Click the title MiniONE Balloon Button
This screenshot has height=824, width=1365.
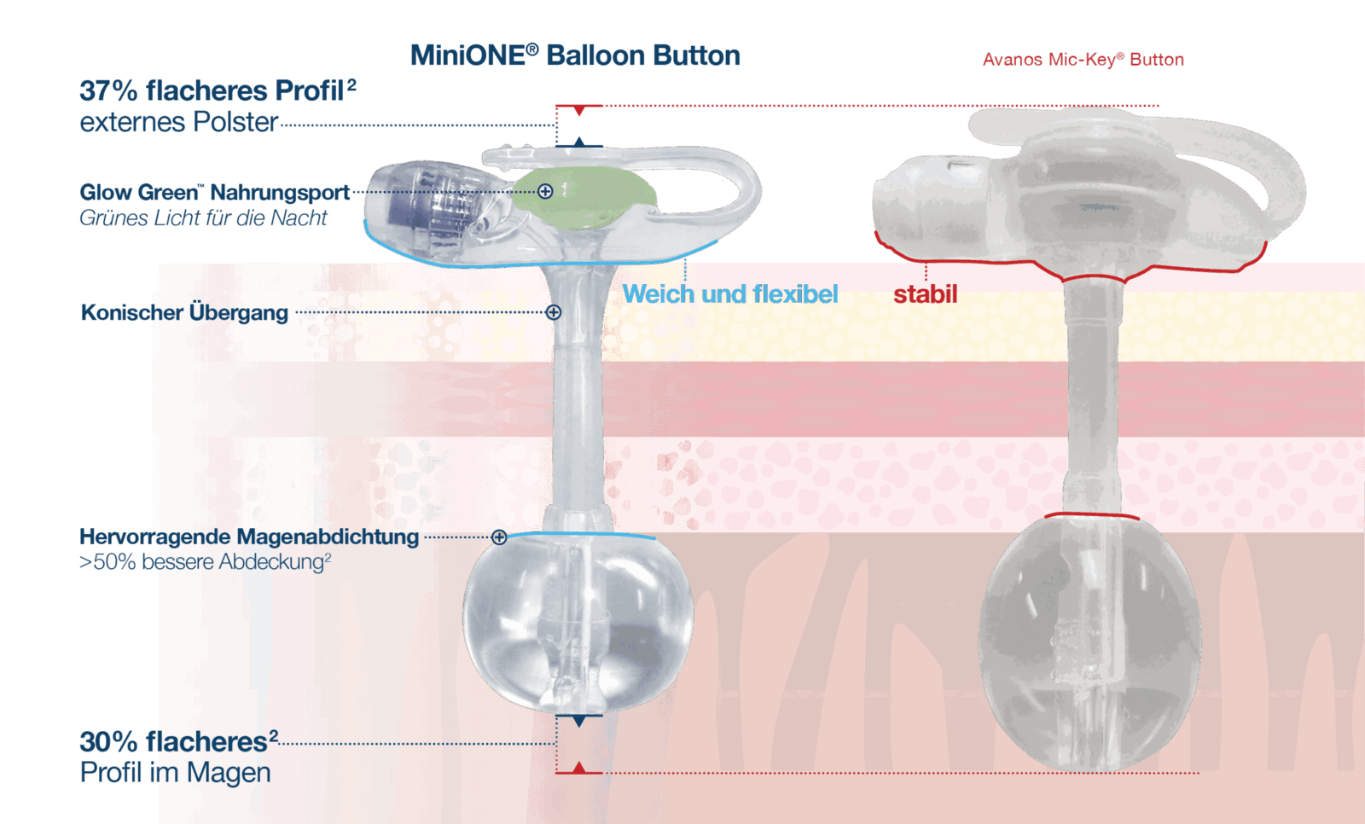(x=574, y=56)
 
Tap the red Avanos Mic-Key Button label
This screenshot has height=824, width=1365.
(x=1083, y=60)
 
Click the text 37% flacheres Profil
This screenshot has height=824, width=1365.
(x=218, y=90)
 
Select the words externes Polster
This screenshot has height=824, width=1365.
(x=178, y=123)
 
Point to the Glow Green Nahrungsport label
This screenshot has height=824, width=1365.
(x=214, y=193)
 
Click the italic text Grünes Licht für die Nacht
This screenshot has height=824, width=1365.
(x=203, y=218)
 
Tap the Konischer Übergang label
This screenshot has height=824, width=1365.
(x=184, y=313)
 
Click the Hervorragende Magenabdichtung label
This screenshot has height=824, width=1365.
(x=248, y=537)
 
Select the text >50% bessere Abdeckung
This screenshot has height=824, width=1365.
(x=205, y=562)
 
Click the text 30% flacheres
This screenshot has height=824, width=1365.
(x=173, y=742)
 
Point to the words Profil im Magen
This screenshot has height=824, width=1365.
(x=175, y=773)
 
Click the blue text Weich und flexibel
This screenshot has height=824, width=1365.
(x=730, y=294)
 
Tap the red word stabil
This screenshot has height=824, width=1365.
(x=925, y=295)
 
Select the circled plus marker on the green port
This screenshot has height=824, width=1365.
(x=545, y=191)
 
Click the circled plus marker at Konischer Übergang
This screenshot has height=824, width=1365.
(x=554, y=312)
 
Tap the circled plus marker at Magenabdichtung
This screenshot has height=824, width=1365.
(x=499, y=537)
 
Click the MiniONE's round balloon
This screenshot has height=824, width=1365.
(x=578, y=623)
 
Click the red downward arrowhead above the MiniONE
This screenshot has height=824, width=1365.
(x=578, y=111)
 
